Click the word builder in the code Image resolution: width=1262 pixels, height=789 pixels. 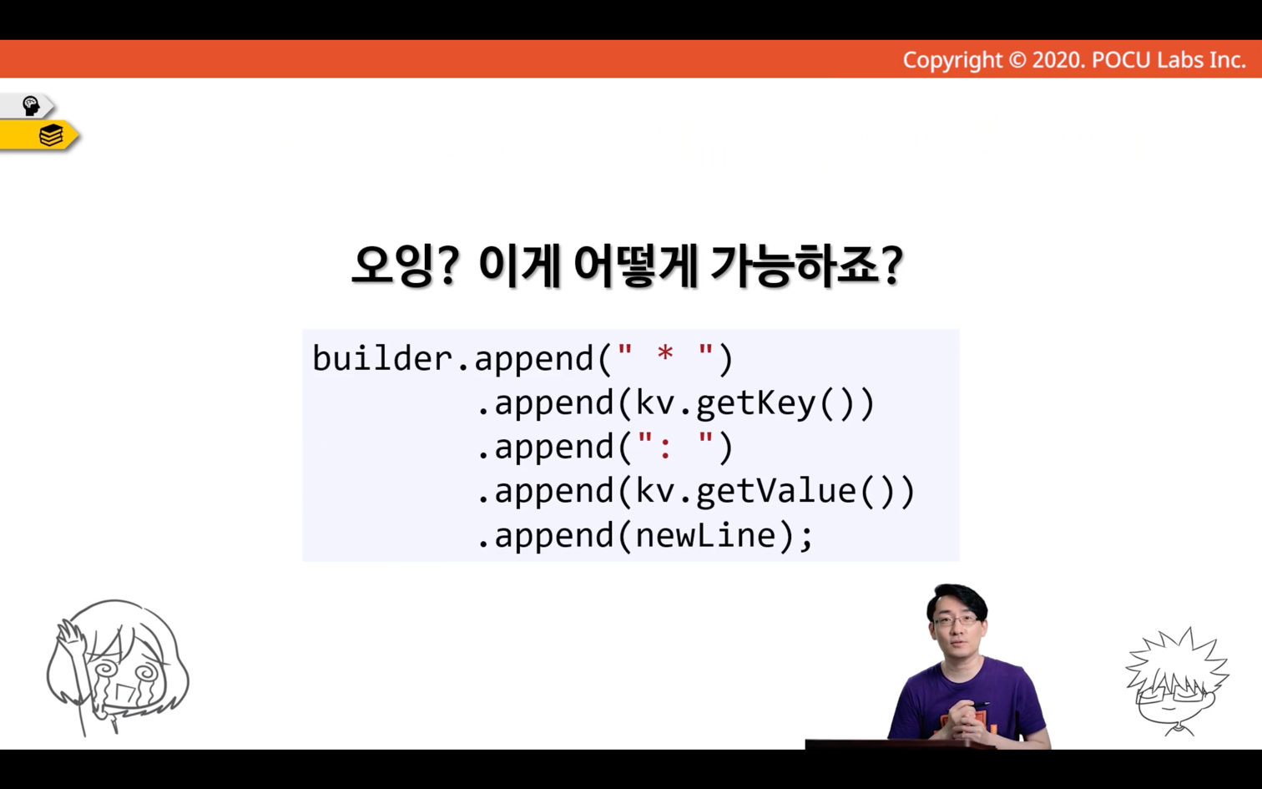[x=382, y=358]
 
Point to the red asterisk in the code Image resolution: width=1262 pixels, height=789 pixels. [x=665, y=355]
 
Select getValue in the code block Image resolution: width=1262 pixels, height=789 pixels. [x=776, y=491]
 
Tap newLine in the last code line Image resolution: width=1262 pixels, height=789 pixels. [x=706, y=535]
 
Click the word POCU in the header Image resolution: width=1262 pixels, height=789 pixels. [x=1121, y=60]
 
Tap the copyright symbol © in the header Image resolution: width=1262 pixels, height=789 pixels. [x=1017, y=60]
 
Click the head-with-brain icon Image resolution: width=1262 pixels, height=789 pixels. [x=31, y=106]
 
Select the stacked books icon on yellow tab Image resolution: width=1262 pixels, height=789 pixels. [x=51, y=135]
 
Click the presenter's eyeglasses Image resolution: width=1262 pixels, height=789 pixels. [x=956, y=620]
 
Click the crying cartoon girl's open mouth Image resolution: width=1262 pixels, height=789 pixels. [x=122, y=693]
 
